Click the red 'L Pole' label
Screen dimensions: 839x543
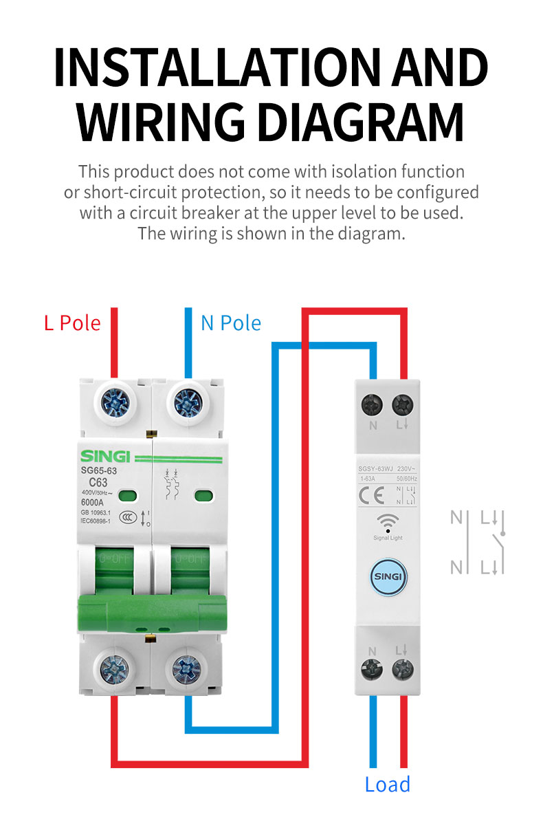(72, 323)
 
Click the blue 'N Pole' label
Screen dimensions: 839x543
(231, 323)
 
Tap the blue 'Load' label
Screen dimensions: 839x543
(388, 785)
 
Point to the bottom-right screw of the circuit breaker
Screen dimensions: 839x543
(187, 668)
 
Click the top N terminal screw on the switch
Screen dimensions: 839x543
(373, 404)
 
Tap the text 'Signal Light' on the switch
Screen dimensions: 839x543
(388, 538)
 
